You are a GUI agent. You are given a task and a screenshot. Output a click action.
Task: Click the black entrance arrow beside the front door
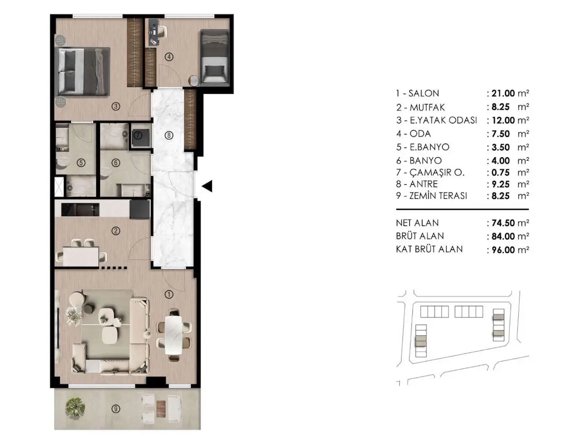(207, 186)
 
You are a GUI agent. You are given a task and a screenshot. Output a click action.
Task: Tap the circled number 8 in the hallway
(169, 135)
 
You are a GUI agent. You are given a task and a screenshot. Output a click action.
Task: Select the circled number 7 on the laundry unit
(138, 135)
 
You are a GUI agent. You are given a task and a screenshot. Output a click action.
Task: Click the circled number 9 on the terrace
(116, 409)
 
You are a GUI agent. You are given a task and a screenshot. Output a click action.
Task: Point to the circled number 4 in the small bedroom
(169, 57)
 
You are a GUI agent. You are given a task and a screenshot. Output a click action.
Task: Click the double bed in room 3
(82, 71)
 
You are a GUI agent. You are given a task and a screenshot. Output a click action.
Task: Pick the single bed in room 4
(215, 58)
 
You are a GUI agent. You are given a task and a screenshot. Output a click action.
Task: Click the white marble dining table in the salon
(174, 335)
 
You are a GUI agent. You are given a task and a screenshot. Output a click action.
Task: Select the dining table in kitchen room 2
(81, 257)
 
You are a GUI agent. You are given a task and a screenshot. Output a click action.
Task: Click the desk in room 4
(152, 32)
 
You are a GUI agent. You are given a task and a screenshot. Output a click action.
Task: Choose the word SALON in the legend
(423, 93)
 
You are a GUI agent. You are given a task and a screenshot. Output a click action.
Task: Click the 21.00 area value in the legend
(503, 93)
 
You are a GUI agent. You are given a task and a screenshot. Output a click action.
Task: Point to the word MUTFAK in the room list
(427, 107)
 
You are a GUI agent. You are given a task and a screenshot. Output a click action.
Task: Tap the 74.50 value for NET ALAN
(503, 223)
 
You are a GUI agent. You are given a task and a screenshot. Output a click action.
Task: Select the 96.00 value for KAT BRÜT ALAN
(503, 250)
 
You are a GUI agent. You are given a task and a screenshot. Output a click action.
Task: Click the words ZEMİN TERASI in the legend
(438, 196)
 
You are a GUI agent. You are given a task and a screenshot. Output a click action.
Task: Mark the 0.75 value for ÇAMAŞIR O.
(500, 172)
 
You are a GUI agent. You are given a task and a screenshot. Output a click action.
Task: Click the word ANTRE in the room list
(423, 184)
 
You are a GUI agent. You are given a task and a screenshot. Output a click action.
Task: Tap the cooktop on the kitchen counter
(80, 209)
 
